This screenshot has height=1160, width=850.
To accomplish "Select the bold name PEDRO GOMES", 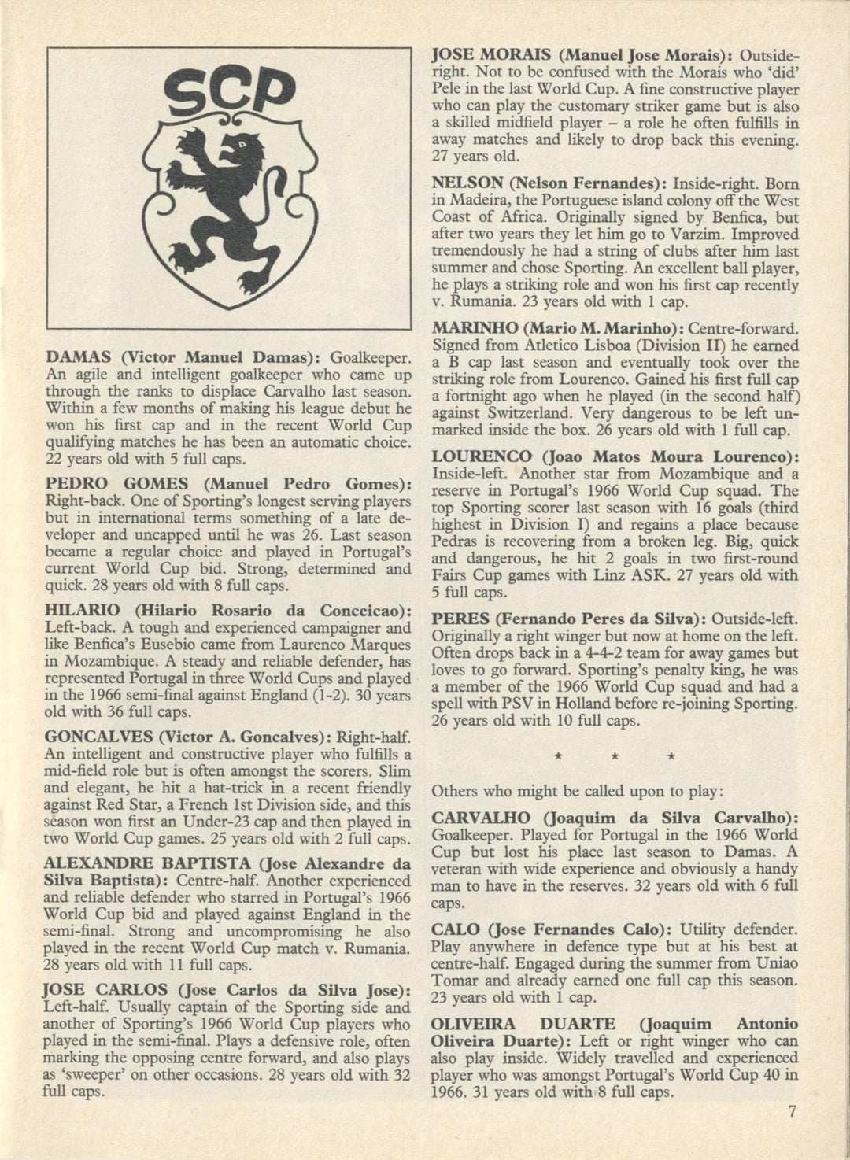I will point(116,484).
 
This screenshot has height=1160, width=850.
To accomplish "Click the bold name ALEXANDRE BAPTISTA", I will point(146,863).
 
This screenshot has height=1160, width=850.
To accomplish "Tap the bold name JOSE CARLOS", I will point(105,990).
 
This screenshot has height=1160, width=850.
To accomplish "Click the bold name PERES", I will point(457,619).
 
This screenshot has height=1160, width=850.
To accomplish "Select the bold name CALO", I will point(455,929).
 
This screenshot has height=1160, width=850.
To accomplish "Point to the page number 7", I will point(792,1112).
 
